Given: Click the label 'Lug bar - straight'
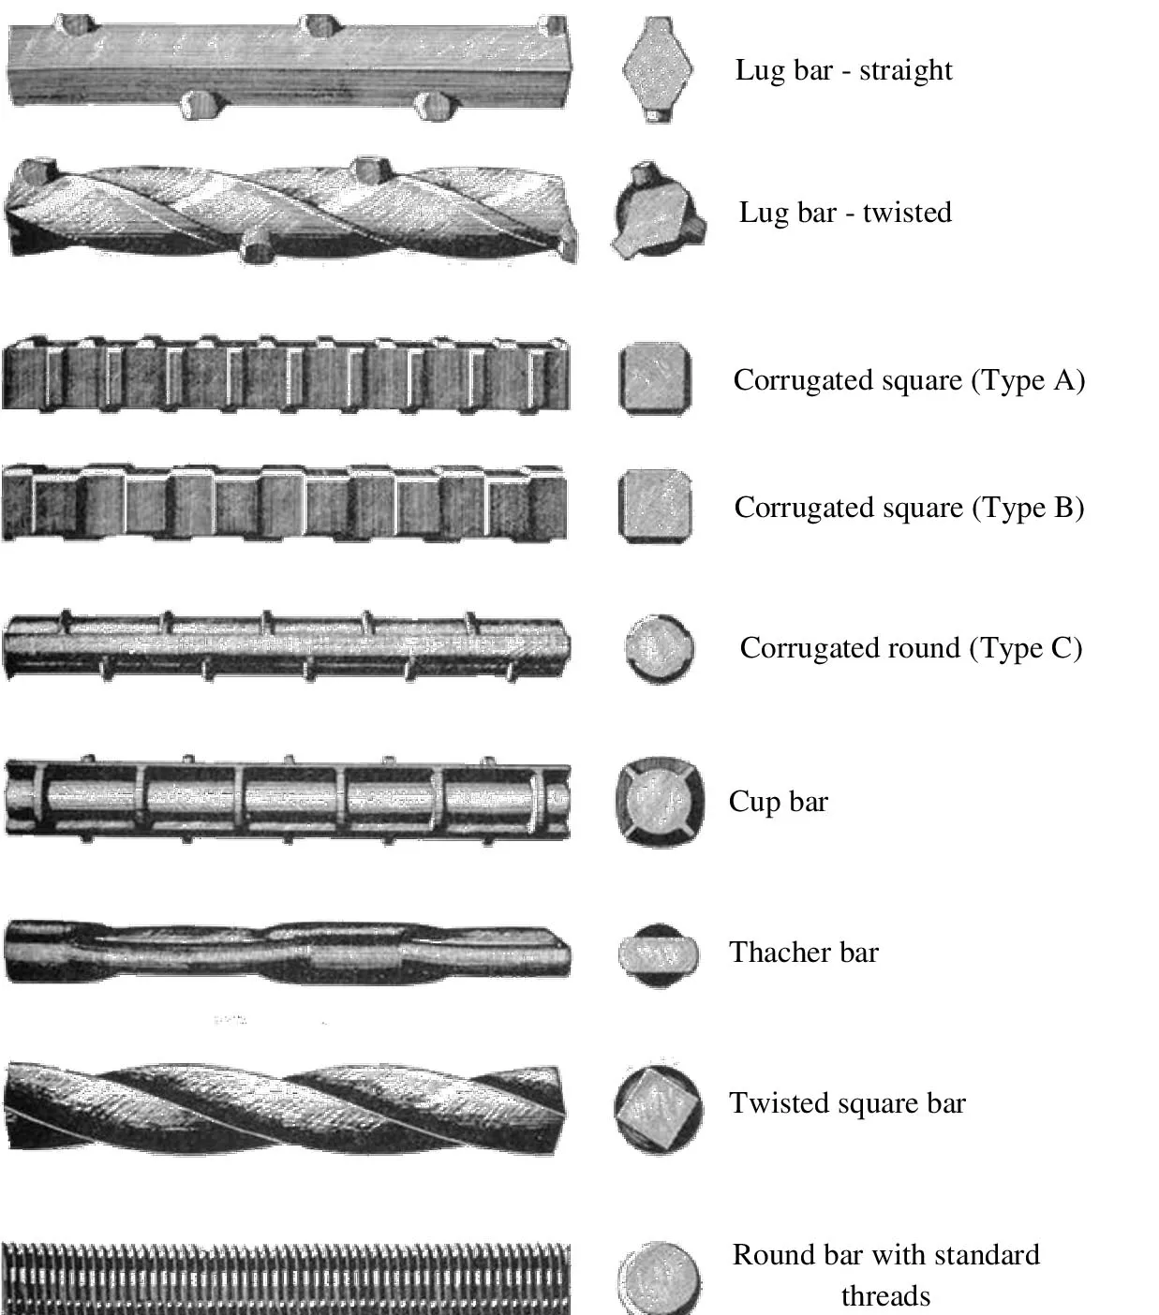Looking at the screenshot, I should click(843, 70).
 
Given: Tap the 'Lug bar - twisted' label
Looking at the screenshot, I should click(845, 213).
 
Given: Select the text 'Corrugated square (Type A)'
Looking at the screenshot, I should click(909, 380).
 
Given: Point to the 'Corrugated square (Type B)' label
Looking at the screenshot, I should click(909, 508).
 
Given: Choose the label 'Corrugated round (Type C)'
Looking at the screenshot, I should click(911, 648).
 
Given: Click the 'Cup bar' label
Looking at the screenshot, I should click(779, 802).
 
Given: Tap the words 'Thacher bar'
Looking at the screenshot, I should click(804, 953).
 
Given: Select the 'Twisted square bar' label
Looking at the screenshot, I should click(847, 1103).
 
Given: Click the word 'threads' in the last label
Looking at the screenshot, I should click(885, 1296).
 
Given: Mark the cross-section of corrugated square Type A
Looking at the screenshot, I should click(655, 378).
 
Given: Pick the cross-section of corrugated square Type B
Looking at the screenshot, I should click(655, 506).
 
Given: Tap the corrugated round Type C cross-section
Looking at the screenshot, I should click(660, 648).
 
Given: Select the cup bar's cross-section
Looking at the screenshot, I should click(660, 803).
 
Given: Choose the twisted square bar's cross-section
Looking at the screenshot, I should click(659, 1108).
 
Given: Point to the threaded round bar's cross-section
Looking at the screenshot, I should click(659, 1279).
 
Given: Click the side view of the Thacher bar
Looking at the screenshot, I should click(287, 952).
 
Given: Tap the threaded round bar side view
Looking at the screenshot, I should click(286, 1279).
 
